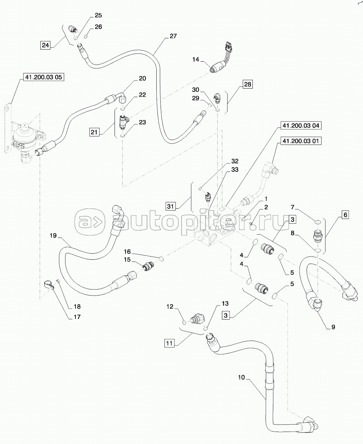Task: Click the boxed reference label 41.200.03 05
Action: [44, 77]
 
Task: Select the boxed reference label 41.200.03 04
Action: [301, 126]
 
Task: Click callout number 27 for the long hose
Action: [173, 36]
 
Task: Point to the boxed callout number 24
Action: [45, 45]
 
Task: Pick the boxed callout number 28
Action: [248, 84]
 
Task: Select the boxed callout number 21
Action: [94, 132]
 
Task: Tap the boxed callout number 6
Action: [346, 214]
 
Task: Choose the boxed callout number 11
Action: [169, 343]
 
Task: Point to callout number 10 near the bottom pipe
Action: [241, 378]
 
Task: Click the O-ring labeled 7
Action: [318, 222]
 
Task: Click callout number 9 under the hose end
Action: [333, 327]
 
